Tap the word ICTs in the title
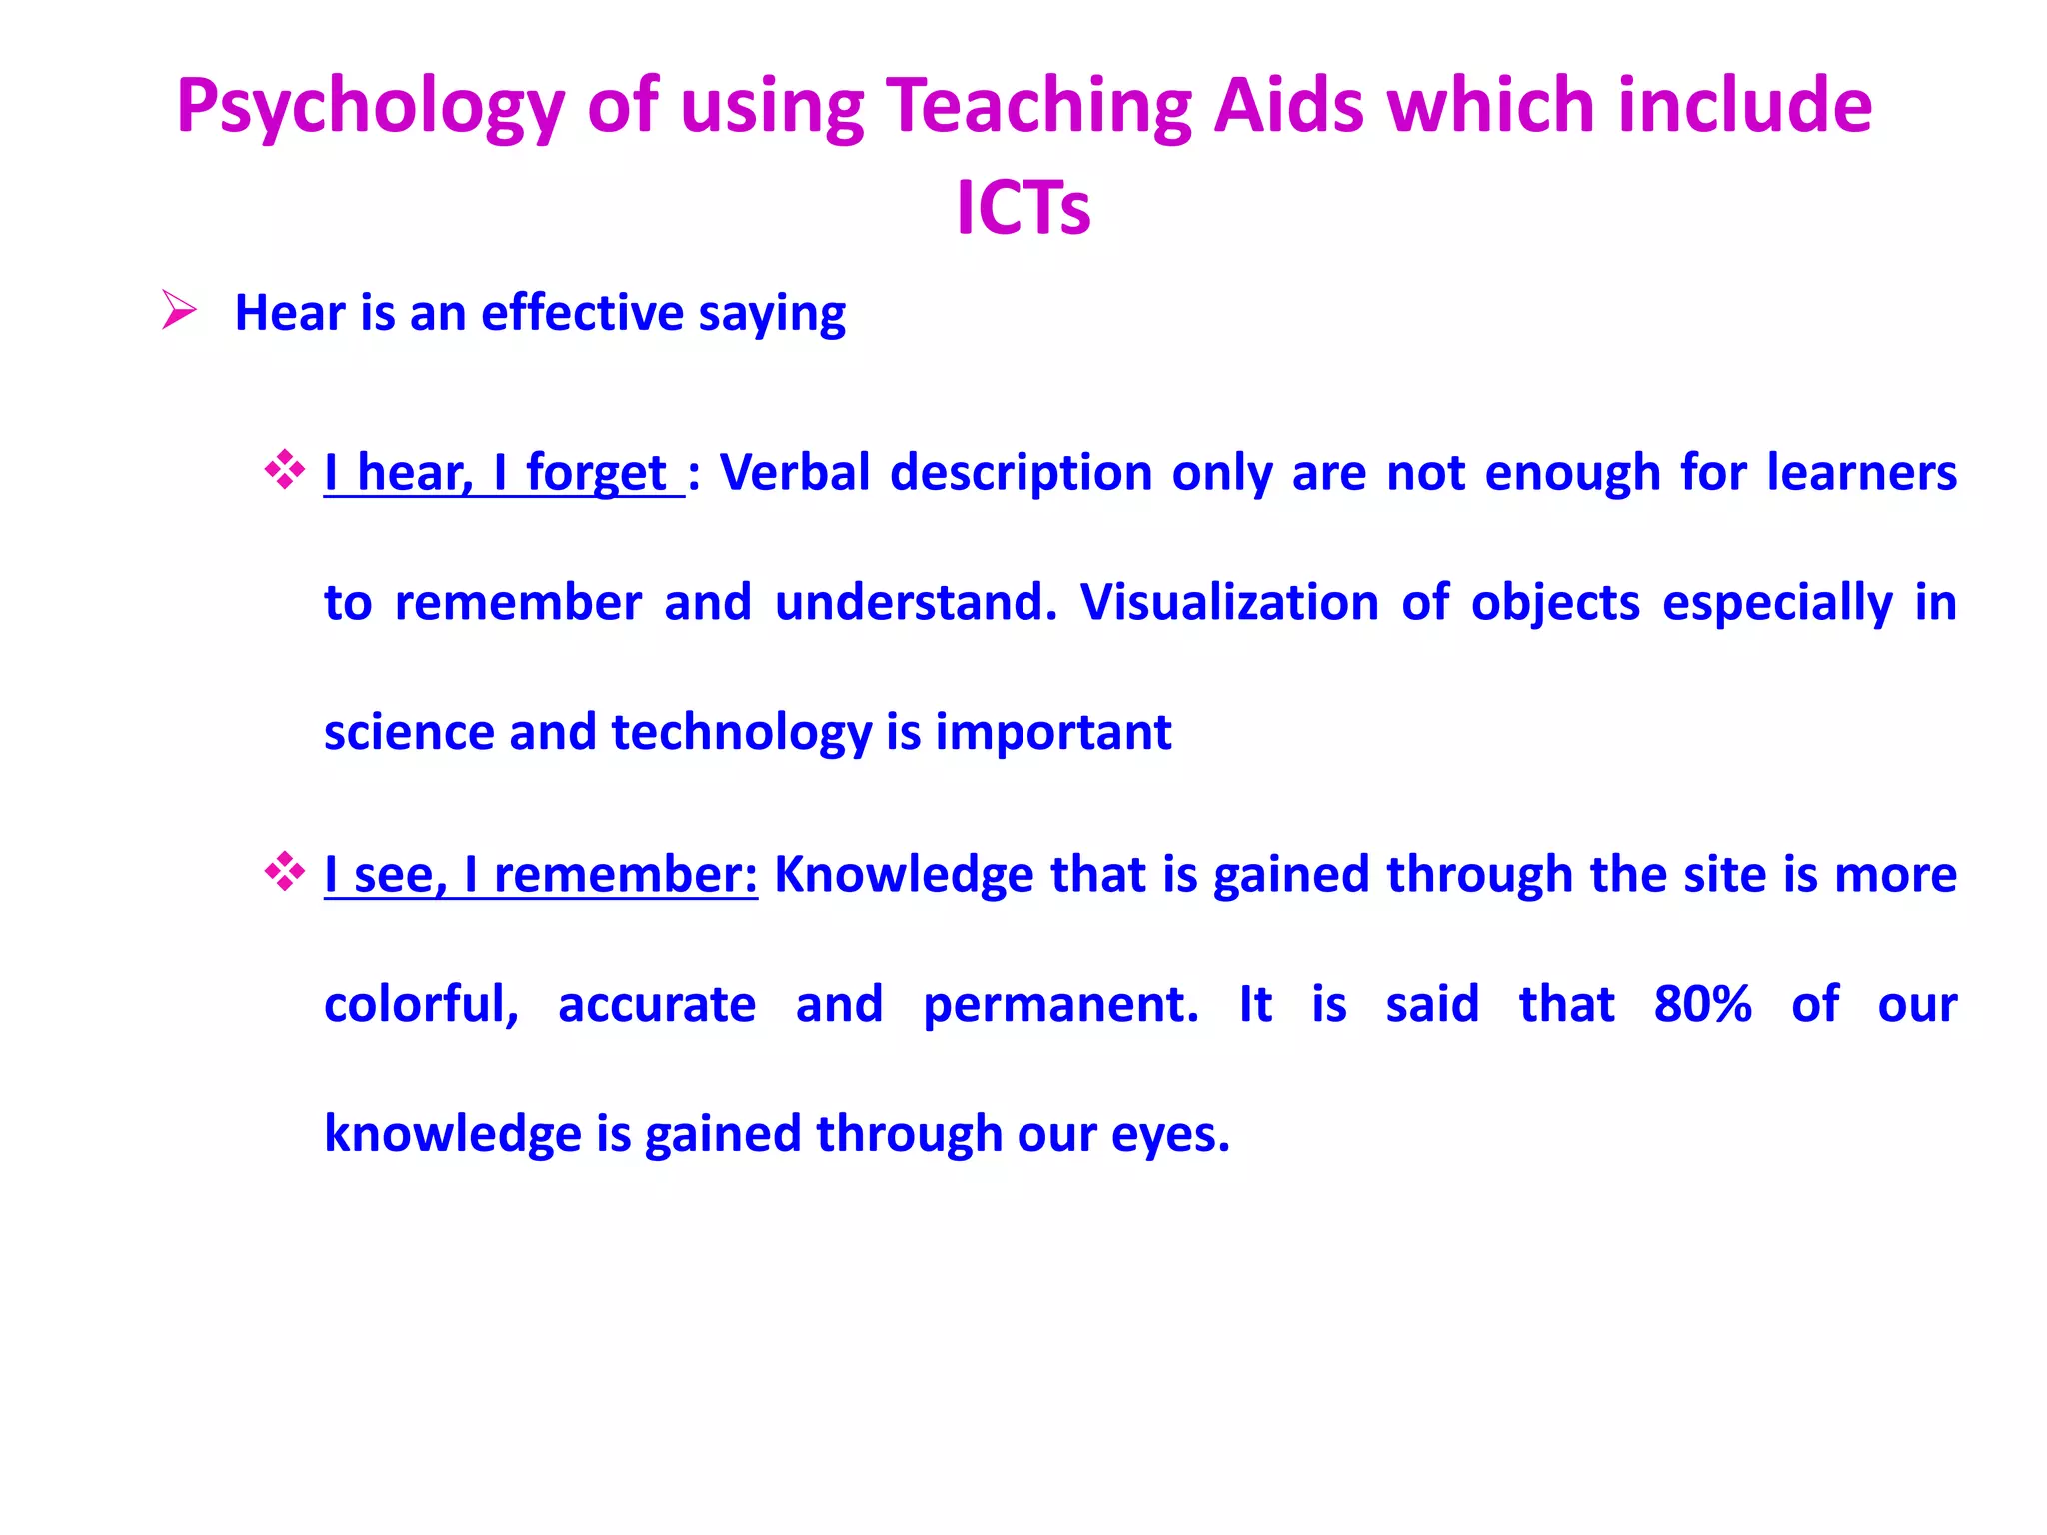pos(1023,208)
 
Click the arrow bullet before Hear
pos(180,311)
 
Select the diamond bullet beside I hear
pos(285,470)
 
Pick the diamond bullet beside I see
pos(285,872)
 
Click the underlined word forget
pos(596,473)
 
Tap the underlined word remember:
pos(626,875)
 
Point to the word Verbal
pos(795,472)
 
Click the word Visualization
pos(1229,602)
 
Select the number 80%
pos(1702,1004)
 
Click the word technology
pos(741,733)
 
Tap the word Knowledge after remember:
pos(904,875)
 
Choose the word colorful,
pos(421,1004)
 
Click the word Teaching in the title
pos(1039,108)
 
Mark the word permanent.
pos(1060,1005)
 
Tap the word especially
pos(1777,604)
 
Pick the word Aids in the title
pos(1288,106)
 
